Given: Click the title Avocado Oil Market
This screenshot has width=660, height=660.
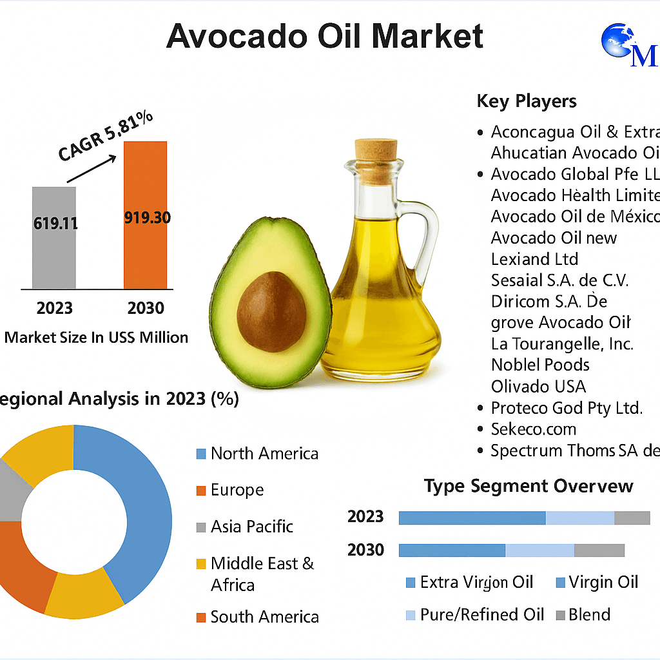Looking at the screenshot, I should coord(325,36).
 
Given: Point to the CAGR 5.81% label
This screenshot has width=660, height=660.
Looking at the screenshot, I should coord(106,136).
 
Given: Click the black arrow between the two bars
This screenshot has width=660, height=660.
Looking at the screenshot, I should coord(91,168).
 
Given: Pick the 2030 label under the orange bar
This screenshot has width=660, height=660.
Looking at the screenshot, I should coord(146,307).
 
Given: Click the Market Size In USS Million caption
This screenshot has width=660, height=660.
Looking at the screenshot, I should coord(97,337).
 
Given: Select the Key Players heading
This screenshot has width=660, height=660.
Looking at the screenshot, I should coord(527,101).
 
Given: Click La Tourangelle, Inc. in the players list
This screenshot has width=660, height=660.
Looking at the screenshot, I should coord(562,344).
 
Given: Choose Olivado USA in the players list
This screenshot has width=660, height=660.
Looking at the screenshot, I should coord(538,386).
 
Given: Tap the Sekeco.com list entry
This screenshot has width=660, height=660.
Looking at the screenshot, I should coord(533,429).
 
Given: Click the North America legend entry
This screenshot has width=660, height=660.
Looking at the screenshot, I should coord(264,454).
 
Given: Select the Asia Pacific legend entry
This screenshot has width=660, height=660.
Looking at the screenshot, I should coord(251,527).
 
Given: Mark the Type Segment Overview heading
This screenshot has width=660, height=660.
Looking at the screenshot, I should coord(529,486).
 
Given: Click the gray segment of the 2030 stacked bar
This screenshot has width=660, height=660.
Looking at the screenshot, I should coord(599,550).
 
